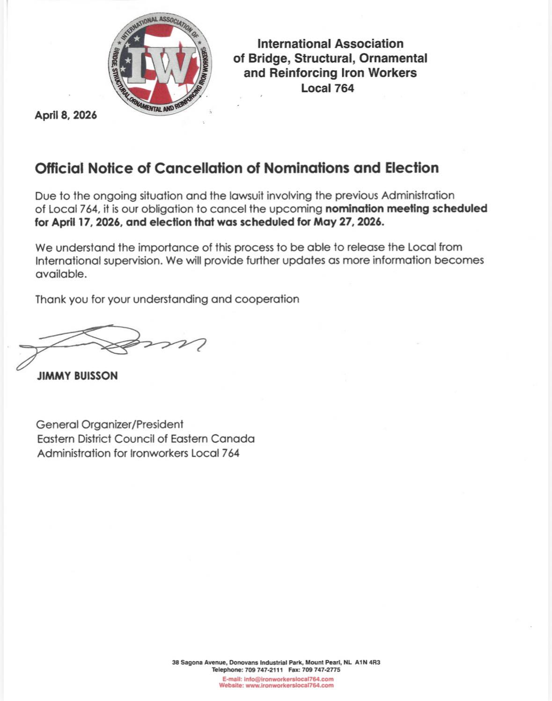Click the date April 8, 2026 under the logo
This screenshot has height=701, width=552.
pos(66,115)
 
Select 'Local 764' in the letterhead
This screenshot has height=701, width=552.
pos(327,88)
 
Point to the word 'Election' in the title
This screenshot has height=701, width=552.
pos(412,168)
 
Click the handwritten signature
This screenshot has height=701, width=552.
pos(112,344)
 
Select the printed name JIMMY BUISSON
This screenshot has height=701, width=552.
pos(77,376)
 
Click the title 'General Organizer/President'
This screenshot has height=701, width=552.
pos(110,425)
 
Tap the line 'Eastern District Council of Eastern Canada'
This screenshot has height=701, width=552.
pos(146,439)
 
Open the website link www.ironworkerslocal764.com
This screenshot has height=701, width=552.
pos(289,686)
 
